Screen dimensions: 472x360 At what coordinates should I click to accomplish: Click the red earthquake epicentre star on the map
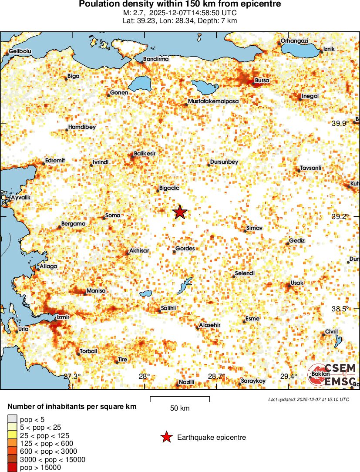(x=180, y=212)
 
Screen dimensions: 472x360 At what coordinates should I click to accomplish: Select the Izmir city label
(x=63, y=317)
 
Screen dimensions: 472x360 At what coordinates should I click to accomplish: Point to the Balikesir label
(x=145, y=153)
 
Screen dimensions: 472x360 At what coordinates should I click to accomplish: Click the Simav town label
(x=254, y=228)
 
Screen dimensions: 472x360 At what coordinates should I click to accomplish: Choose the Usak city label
(x=297, y=283)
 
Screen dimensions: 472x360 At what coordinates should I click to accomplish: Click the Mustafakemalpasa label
(x=213, y=101)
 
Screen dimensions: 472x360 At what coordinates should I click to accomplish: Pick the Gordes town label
(x=185, y=249)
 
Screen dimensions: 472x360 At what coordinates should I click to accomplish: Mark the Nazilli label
(x=186, y=382)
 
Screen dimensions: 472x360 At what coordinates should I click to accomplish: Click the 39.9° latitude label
(x=340, y=123)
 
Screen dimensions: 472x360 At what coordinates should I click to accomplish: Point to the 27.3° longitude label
(x=73, y=376)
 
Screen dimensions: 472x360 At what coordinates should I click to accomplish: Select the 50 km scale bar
(x=180, y=397)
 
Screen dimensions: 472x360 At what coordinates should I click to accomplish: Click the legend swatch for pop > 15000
(x=12, y=467)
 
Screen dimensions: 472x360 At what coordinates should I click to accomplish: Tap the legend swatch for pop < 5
(x=12, y=419)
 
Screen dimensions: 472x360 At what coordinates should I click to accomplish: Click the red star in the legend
(x=166, y=437)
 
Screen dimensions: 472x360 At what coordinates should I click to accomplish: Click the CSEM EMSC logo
(x=332, y=374)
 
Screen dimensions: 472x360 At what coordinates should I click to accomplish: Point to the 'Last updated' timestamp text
(x=308, y=399)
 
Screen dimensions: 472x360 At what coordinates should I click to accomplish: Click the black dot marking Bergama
(x=60, y=227)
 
